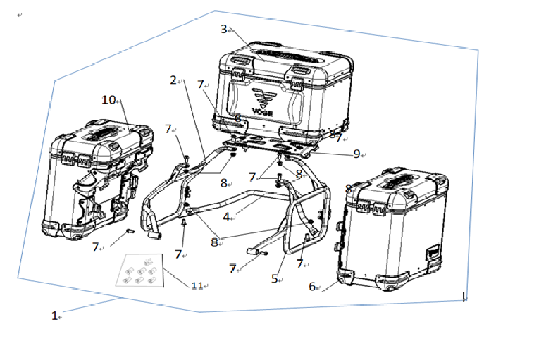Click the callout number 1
coord(54,316)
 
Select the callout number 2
coord(173,80)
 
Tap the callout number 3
coord(224,30)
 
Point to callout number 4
coord(226,217)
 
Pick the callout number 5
coord(274,279)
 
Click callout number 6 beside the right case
coord(312,287)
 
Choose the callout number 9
coord(356,154)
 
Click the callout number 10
coord(108,100)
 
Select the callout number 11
coord(197,285)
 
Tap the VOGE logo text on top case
coord(263,112)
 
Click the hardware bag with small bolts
coord(139,270)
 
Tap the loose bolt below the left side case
coord(130,230)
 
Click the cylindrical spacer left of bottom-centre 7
coord(252,252)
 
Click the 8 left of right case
coord(348,189)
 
